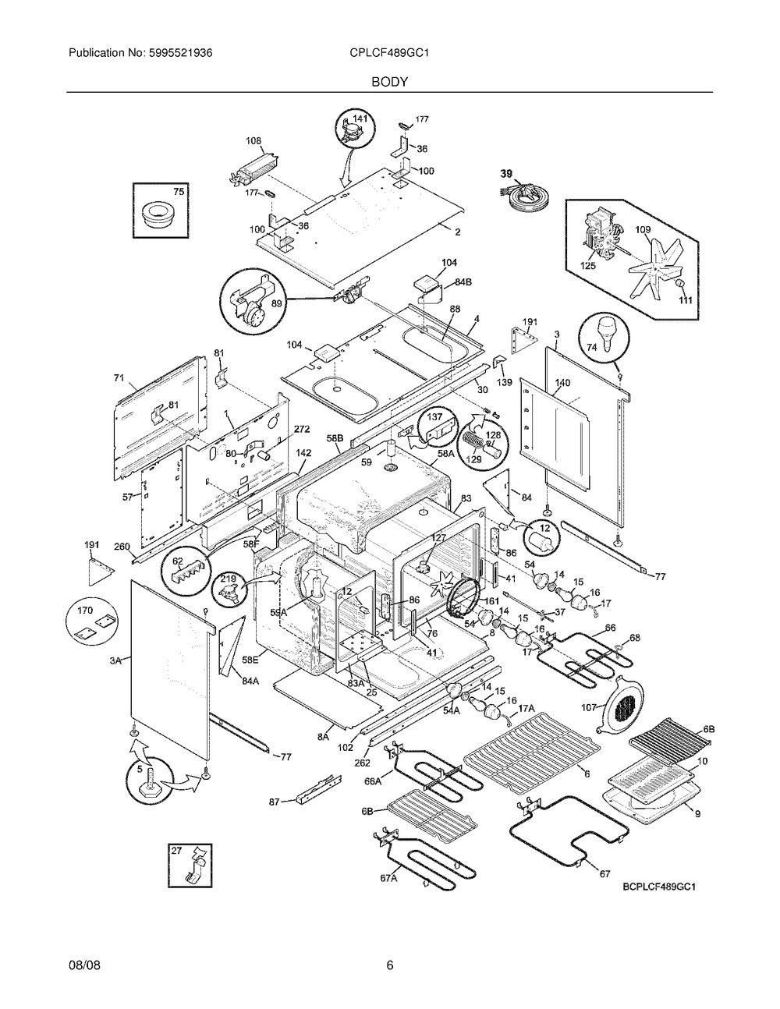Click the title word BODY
[x=389, y=80]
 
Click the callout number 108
[x=253, y=141]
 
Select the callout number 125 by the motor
[x=588, y=266]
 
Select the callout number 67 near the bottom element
[x=604, y=874]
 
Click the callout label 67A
[x=388, y=877]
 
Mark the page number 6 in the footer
[x=389, y=967]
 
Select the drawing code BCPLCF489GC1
[x=658, y=887]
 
